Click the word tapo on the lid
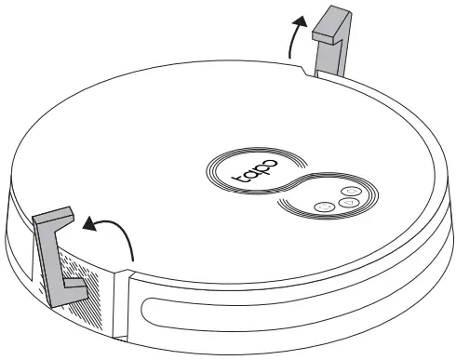250,168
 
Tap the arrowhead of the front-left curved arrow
86,223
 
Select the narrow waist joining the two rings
293,182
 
